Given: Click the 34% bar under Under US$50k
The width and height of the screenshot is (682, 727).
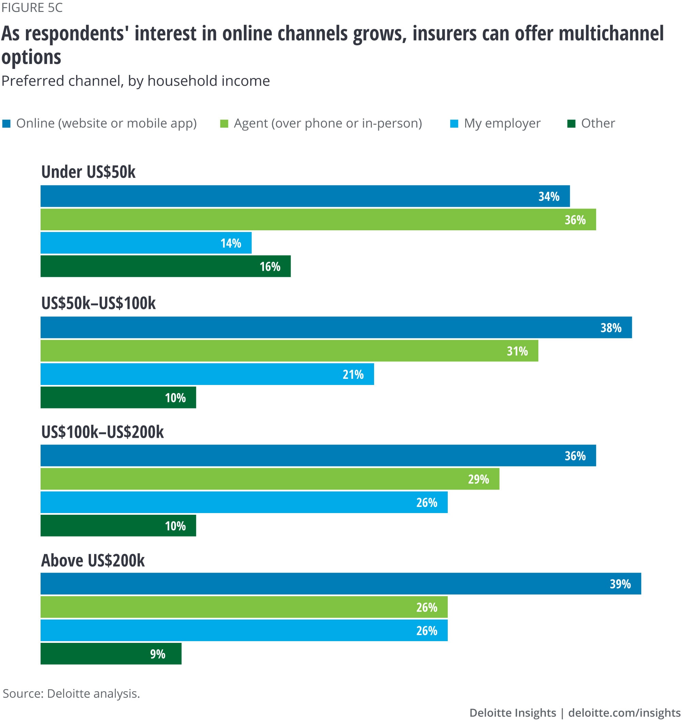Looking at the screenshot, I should (305, 196).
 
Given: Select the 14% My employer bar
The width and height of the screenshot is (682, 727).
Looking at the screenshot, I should (146, 243).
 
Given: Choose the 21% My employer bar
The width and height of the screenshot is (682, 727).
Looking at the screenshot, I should (207, 374).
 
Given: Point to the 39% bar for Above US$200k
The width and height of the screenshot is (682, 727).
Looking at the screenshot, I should (340, 584).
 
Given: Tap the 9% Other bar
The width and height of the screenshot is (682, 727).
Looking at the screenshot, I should (111, 654).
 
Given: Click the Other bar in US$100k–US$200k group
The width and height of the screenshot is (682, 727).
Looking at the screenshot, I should (118, 526).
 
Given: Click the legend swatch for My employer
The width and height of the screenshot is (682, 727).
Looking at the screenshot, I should (454, 124).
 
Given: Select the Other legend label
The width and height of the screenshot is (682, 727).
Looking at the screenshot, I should (598, 123).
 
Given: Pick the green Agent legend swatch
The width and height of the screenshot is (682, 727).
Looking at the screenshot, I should (224, 124).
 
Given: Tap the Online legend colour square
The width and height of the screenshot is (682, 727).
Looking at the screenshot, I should (6, 124).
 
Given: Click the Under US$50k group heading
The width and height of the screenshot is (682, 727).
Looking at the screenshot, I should (88, 172).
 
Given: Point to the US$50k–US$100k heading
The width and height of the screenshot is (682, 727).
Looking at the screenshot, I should (98, 303).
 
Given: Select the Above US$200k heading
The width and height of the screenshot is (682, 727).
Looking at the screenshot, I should (93, 561).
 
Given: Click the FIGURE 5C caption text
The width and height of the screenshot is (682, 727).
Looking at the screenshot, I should (32, 8).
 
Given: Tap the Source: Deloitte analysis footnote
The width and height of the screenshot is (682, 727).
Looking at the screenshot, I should (71, 694).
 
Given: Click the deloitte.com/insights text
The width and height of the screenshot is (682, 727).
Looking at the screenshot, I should (624, 713).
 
